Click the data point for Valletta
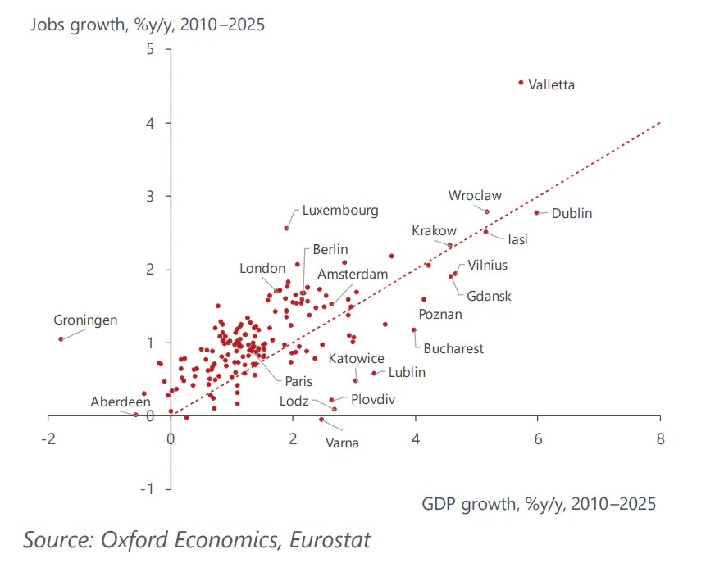coord(521,83)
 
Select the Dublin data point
coord(537,213)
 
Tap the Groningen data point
coord(61,339)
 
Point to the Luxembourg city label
coord(340,211)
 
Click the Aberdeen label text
coord(121,402)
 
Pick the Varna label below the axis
coord(342,443)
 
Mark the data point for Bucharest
coord(413,330)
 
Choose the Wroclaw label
coord(475,196)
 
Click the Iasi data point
coord(485,232)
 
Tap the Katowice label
coord(357,359)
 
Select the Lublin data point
coord(374,373)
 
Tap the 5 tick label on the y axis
coord(150,49)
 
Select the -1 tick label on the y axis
coord(148,488)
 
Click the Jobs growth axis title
coord(148,24)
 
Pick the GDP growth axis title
coord(539,502)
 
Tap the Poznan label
coord(440,314)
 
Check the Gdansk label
coord(489,296)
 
